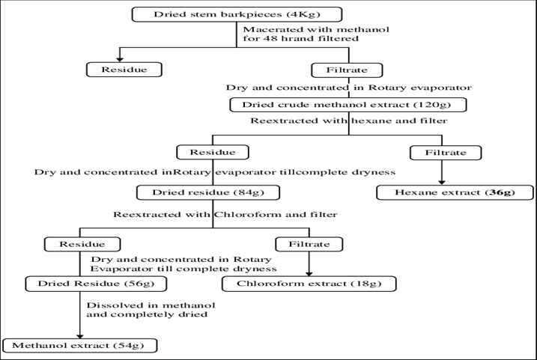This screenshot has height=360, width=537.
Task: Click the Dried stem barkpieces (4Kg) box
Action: click(x=237, y=14)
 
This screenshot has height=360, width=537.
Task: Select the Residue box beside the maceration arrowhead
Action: click(x=124, y=70)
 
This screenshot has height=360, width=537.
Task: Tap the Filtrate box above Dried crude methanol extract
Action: click(x=347, y=70)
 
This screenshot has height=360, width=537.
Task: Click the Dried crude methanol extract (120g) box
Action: click(x=348, y=105)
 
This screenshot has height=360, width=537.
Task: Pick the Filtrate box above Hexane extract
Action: click(x=446, y=153)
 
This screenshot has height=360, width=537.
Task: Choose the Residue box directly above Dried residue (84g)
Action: click(x=213, y=152)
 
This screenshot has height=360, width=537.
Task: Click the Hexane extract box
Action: click(x=455, y=192)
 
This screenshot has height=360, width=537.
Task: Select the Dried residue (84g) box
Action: click(x=208, y=192)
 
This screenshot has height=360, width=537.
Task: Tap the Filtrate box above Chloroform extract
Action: click(x=309, y=244)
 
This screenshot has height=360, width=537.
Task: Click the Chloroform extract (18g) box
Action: click(x=309, y=284)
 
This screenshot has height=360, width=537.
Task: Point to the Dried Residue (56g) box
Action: click(x=96, y=284)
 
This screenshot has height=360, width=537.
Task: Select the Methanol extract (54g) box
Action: click(x=80, y=346)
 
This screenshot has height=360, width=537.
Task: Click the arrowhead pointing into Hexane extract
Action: click(x=442, y=183)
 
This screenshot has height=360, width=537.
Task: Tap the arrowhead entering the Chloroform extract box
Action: click(x=309, y=274)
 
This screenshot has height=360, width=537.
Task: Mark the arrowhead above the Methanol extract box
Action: click(x=80, y=336)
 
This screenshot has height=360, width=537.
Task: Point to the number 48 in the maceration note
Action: click(x=269, y=38)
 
